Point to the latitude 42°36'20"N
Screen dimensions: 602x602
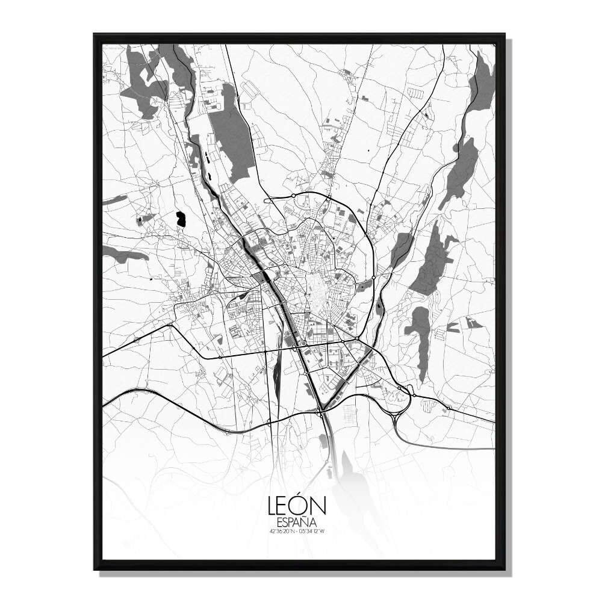pos(283,532)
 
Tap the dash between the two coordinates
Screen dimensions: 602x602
pos(297,532)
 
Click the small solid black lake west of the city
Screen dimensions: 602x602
pos(180,219)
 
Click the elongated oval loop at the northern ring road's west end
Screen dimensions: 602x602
pos(279,197)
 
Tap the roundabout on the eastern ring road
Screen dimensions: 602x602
pos(373,278)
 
